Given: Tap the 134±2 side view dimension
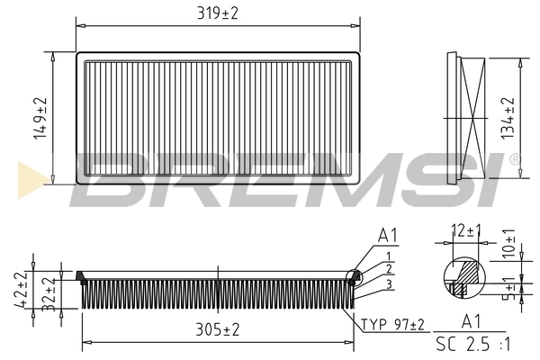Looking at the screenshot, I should (509, 118).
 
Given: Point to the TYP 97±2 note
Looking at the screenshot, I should (393, 324).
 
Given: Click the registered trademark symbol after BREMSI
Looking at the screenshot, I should (514, 159).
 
